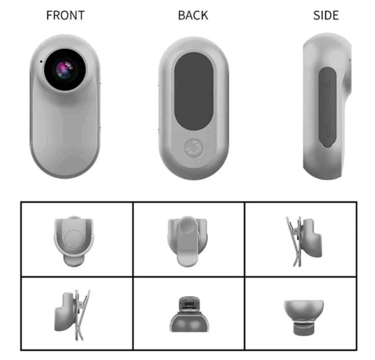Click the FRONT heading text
65,15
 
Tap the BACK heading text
193,15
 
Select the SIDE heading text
326,15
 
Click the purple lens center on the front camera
64,70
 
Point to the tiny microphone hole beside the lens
41,62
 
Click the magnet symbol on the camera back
194,149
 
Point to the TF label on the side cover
327,84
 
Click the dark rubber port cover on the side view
328,107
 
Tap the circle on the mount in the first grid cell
74,240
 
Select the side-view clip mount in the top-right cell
304,241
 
